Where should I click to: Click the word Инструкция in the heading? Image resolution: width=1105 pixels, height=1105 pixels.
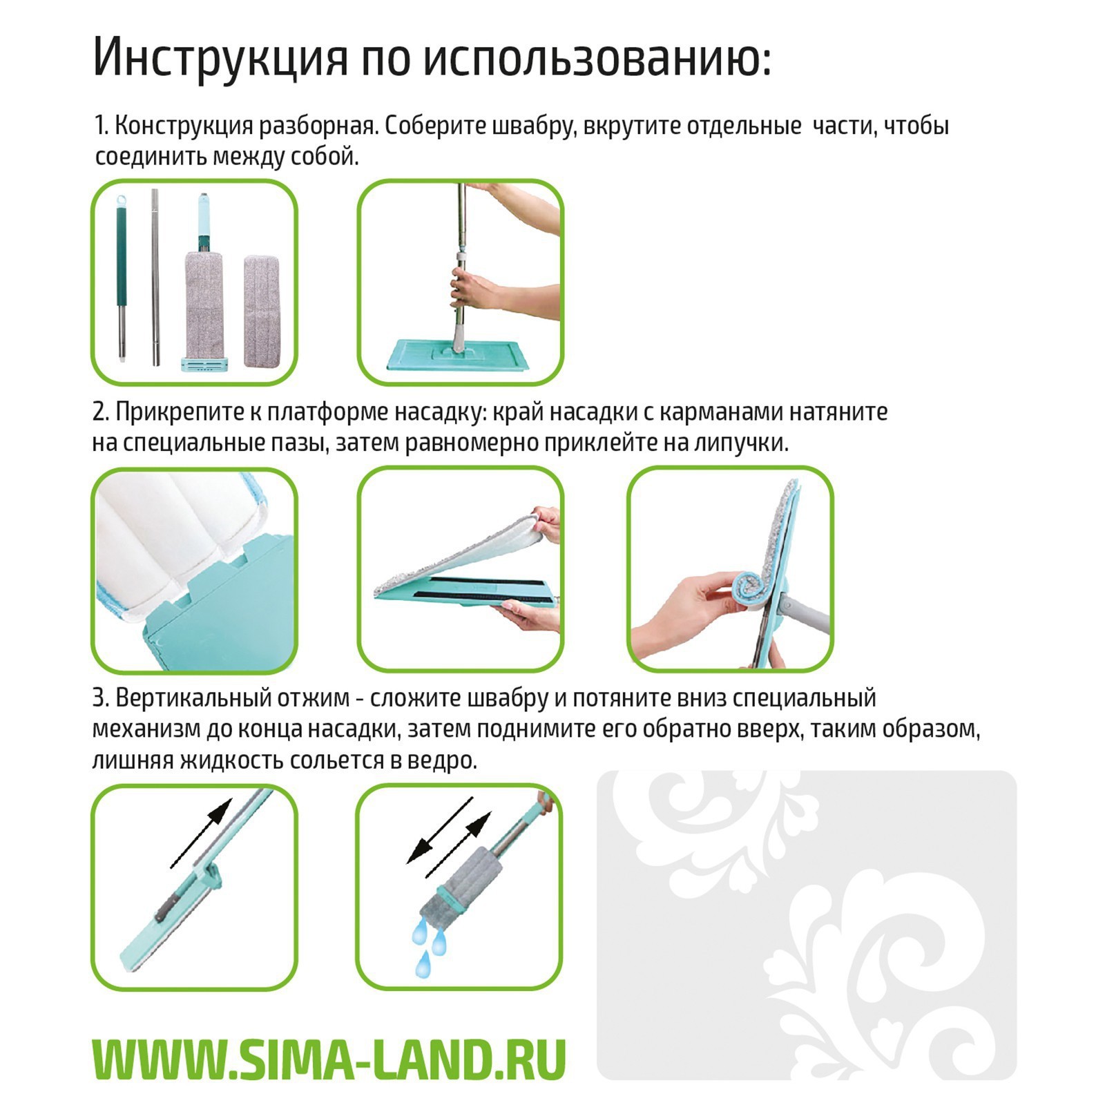[220, 58]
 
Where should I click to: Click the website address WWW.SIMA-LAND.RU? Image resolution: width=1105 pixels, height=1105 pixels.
[329, 1059]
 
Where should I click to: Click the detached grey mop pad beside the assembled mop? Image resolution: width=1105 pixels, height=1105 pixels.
[265, 311]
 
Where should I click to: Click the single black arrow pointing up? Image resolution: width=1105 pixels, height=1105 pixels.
[201, 833]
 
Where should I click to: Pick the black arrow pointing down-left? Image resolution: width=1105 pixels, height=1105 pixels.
[439, 829]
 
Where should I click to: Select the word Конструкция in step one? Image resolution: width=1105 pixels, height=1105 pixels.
[183, 126]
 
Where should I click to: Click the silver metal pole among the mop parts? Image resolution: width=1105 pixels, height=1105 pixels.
[155, 276]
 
